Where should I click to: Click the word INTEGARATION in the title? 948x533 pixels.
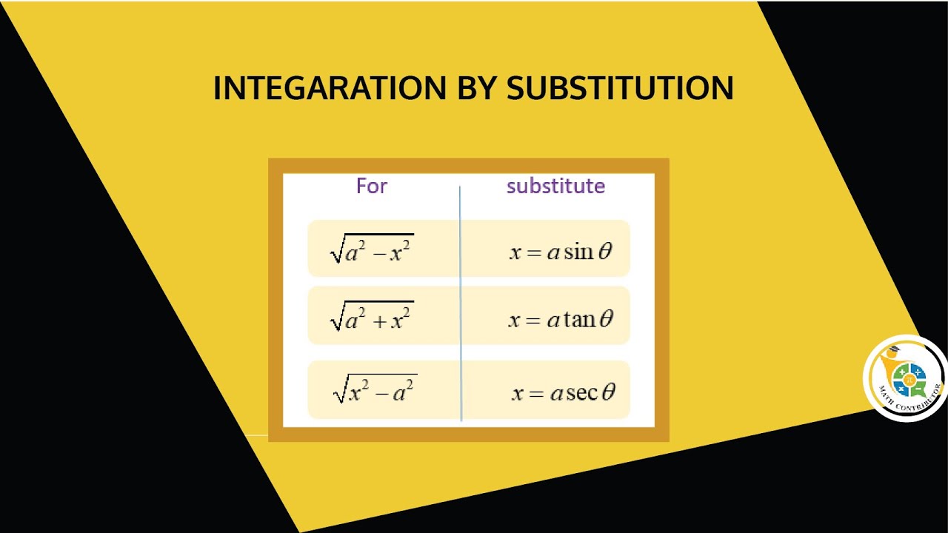click(330, 88)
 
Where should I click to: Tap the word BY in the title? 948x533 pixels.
click(476, 88)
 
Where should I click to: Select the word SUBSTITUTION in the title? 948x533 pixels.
click(620, 88)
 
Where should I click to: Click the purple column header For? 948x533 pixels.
click(372, 186)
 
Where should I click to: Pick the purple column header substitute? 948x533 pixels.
click(555, 186)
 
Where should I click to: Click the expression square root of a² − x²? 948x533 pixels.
click(372, 249)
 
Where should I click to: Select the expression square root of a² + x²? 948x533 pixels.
click(372, 316)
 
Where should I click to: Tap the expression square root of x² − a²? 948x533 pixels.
click(375, 389)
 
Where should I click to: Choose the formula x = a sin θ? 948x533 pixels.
click(561, 252)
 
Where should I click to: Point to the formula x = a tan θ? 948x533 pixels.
click(561, 319)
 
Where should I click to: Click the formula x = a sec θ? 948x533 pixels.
click(563, 392)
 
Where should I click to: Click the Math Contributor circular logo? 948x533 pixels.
click(906, 378)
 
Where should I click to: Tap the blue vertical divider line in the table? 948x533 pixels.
click(461, 304)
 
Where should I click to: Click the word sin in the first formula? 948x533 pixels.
click(578, 252)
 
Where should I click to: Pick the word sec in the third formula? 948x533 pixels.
click(583, 392)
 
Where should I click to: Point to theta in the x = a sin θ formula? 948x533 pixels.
click(605, 252)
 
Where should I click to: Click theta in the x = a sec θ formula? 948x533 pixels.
click(608, 392)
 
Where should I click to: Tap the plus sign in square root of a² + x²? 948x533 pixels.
click(378, 321)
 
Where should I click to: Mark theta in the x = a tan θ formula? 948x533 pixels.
click(607, 318)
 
